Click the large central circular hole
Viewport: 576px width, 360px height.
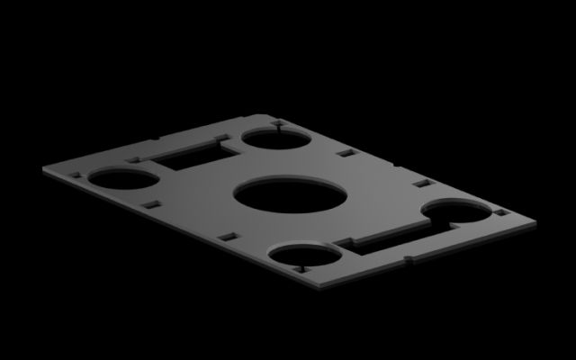290,196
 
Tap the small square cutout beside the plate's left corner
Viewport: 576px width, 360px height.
74,175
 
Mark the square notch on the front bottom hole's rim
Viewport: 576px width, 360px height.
302,268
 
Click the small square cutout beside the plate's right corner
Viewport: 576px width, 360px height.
501,212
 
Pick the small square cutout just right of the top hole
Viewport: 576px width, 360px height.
343,153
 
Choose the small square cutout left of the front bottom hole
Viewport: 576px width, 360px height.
229,237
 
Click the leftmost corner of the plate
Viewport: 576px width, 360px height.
42,168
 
